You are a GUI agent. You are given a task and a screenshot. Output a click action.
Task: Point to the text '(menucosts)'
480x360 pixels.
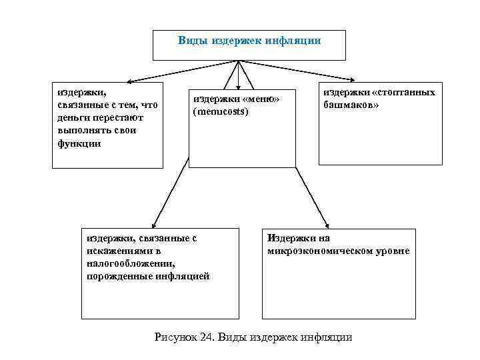[221, 111]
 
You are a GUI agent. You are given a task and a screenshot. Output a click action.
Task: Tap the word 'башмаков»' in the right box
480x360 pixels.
[350, 105]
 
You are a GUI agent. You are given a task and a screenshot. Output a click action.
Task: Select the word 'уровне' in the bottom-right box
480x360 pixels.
[393, 251]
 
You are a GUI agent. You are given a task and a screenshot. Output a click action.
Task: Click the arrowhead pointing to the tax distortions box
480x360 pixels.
[154, 225]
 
